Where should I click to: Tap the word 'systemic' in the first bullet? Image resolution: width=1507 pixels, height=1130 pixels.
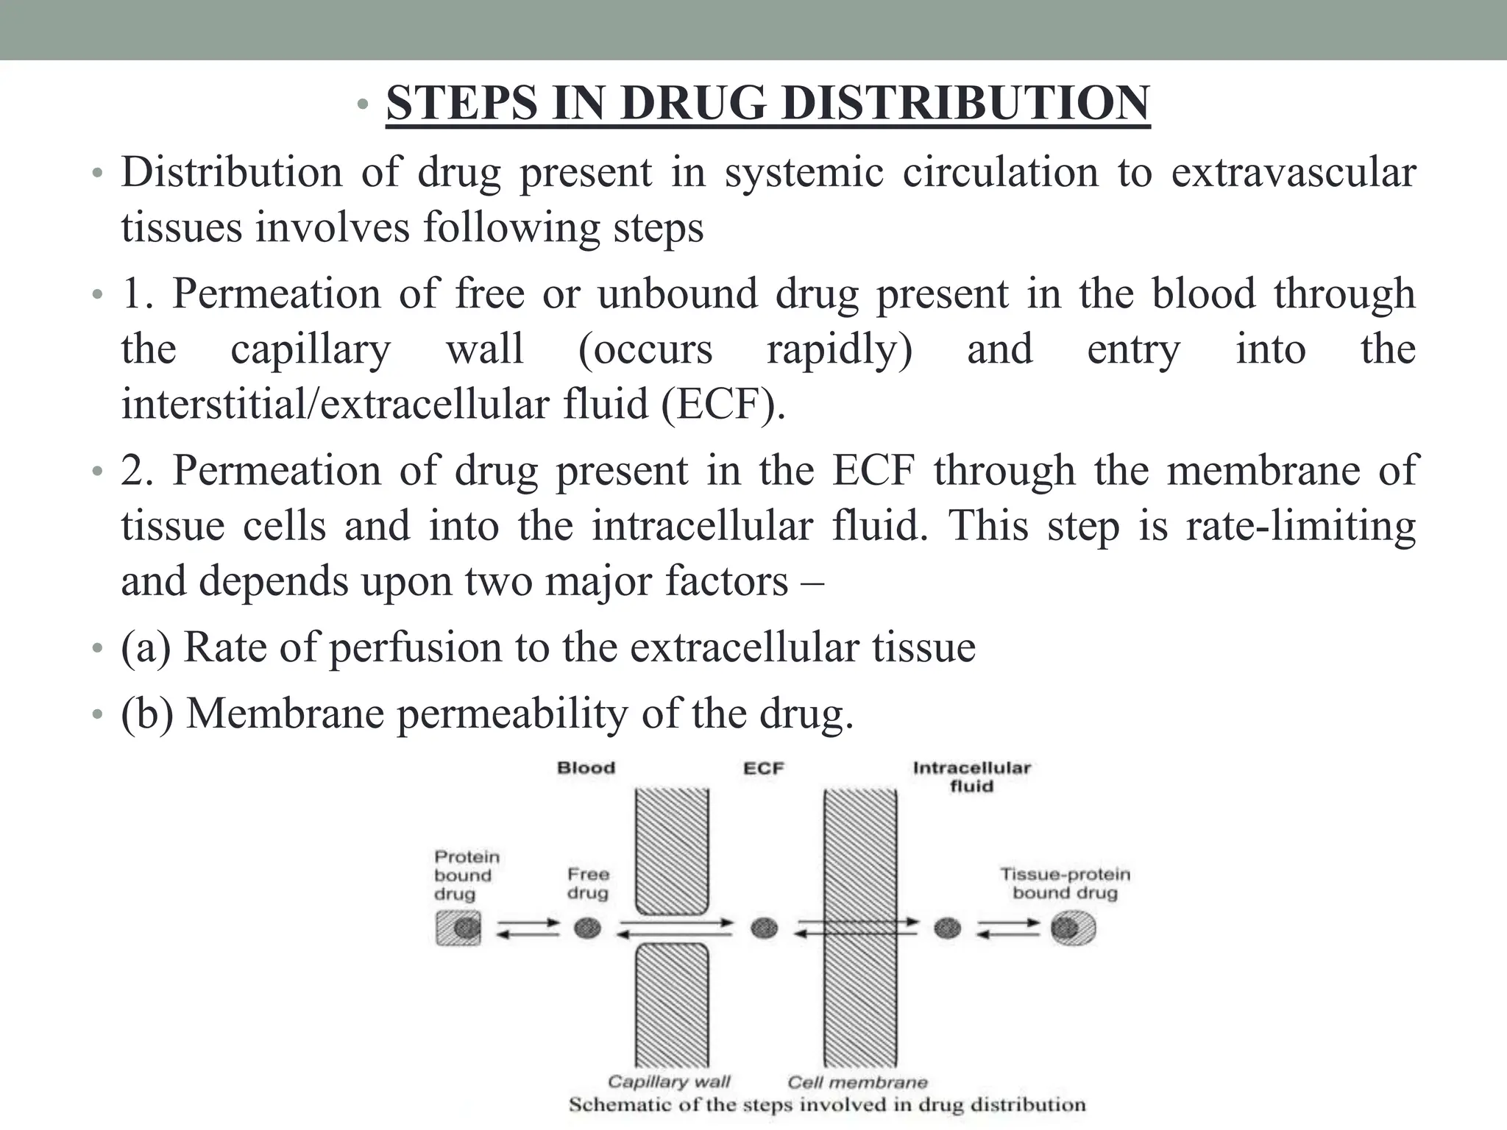coord(804,173)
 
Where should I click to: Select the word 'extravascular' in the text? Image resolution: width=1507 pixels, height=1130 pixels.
coord(1293,173)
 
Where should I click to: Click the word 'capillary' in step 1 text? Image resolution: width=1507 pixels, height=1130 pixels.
coord(310,349)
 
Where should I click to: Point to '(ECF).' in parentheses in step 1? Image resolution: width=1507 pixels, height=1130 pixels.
coord(723,405)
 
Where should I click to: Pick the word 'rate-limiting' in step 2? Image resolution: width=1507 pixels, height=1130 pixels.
coord(1300,526)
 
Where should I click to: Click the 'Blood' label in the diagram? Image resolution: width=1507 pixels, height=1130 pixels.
coord(586,769)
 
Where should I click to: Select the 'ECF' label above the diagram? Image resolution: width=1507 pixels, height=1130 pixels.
coord(763,769)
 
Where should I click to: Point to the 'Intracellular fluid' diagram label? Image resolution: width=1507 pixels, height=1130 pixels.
coord(971,777)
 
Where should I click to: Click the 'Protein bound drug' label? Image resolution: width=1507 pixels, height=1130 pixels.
coord(467,875)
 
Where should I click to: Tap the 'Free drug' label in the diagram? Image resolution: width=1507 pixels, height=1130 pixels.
coord(588,884)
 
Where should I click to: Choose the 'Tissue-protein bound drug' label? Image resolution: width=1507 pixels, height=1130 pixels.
coord(1065,884)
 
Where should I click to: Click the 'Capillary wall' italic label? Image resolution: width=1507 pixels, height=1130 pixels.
coord(668,1081)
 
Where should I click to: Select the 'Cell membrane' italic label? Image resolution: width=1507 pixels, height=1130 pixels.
coord(857,1082)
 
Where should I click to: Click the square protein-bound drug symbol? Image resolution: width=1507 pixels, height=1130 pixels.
coord(458,928)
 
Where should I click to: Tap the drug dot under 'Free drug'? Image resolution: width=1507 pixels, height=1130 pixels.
coord(587,928)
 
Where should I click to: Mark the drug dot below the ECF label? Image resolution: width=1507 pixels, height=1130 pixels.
coord(764,928)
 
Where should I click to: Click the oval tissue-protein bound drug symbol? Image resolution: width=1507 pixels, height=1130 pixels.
coord(1072,928)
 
